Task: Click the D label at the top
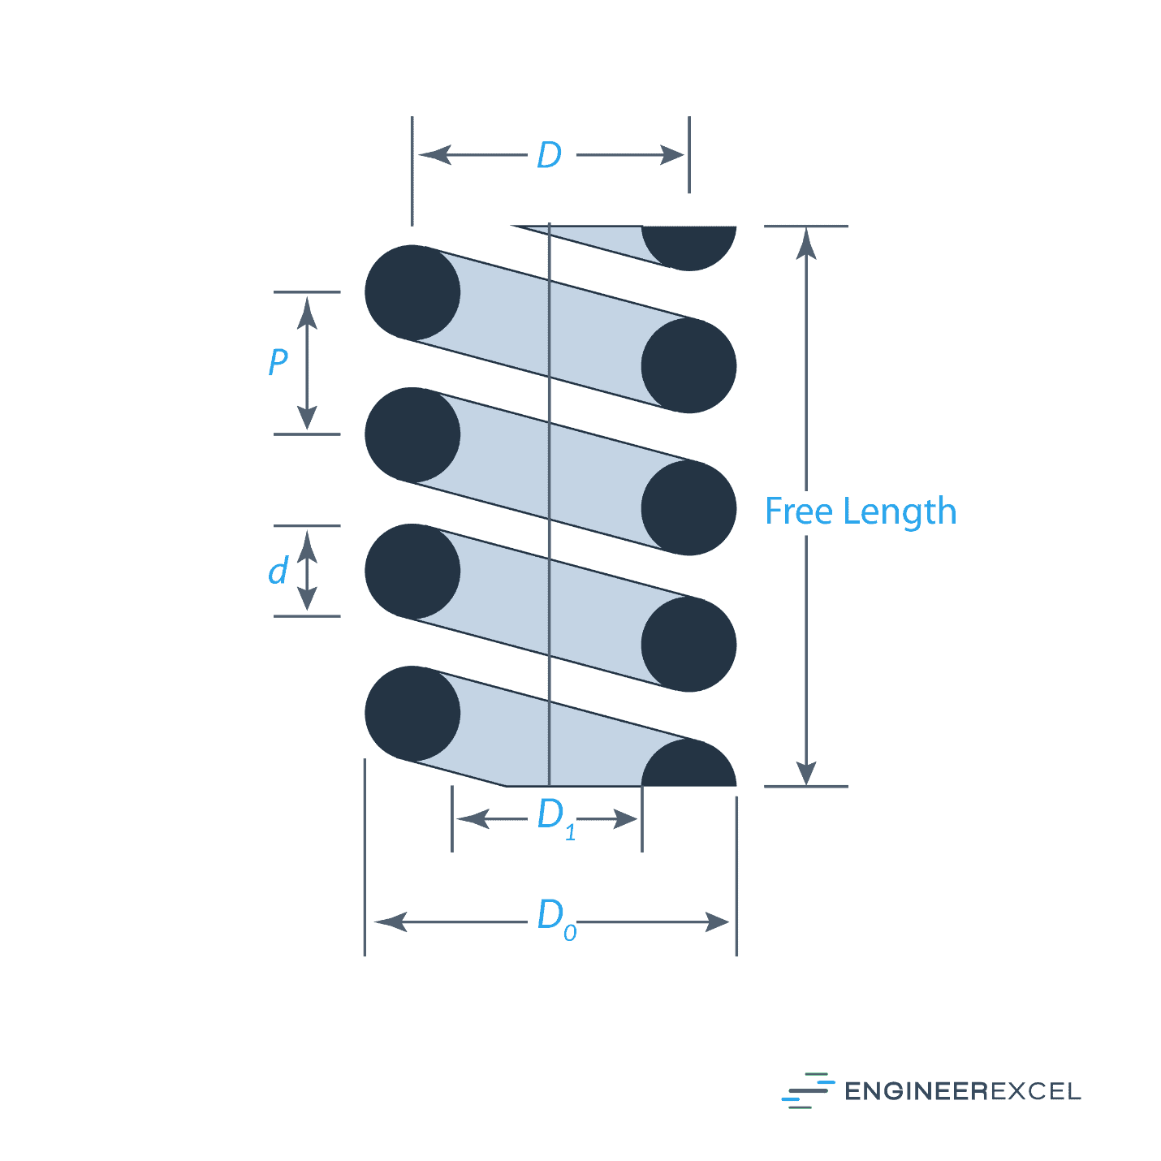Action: tap(550, 155)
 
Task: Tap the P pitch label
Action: tap(278, 361)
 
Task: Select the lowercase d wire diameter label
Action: tap(278, 572)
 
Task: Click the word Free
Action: tap(799, 511)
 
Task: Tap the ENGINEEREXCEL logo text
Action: tap(963, 1091)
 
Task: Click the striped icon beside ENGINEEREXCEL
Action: tap(808, 1090)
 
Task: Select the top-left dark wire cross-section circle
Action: tap(412, 292)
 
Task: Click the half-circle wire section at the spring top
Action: tap(689, 245)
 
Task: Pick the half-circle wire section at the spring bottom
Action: tap(689, 766)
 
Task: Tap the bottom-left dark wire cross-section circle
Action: tap(412, 714)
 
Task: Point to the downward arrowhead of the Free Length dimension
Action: tap(806, 771)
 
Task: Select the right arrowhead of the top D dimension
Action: tap(673, 155)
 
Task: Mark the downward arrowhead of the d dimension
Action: tap(307, 598)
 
